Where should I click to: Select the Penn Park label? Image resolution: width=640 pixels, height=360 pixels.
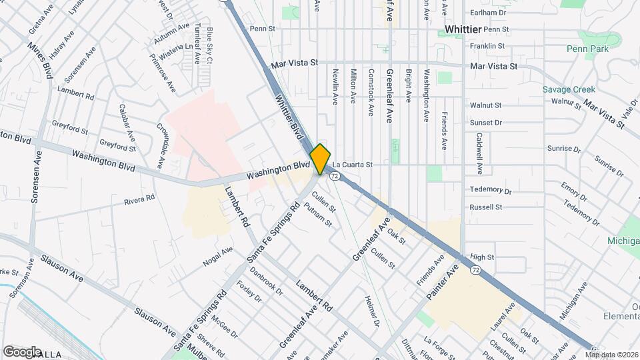(587, 49)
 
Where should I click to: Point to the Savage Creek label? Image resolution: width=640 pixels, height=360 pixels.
(568, 89)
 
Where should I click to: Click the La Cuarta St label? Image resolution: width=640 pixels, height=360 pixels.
(352, 164)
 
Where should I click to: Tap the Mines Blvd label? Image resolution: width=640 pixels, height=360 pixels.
(40, 61)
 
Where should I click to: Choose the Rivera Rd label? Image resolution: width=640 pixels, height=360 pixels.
(139, 199)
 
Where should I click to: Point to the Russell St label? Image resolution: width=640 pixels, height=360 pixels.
(485, 207)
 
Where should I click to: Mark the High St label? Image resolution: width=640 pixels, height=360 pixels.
(481, 257)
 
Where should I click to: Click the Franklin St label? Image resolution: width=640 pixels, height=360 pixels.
(487, 46)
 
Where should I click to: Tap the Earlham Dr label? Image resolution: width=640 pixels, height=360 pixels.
(488, 13)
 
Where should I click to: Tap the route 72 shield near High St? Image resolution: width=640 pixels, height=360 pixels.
(474, 270)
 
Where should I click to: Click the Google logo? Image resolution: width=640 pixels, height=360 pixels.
(22, 351)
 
